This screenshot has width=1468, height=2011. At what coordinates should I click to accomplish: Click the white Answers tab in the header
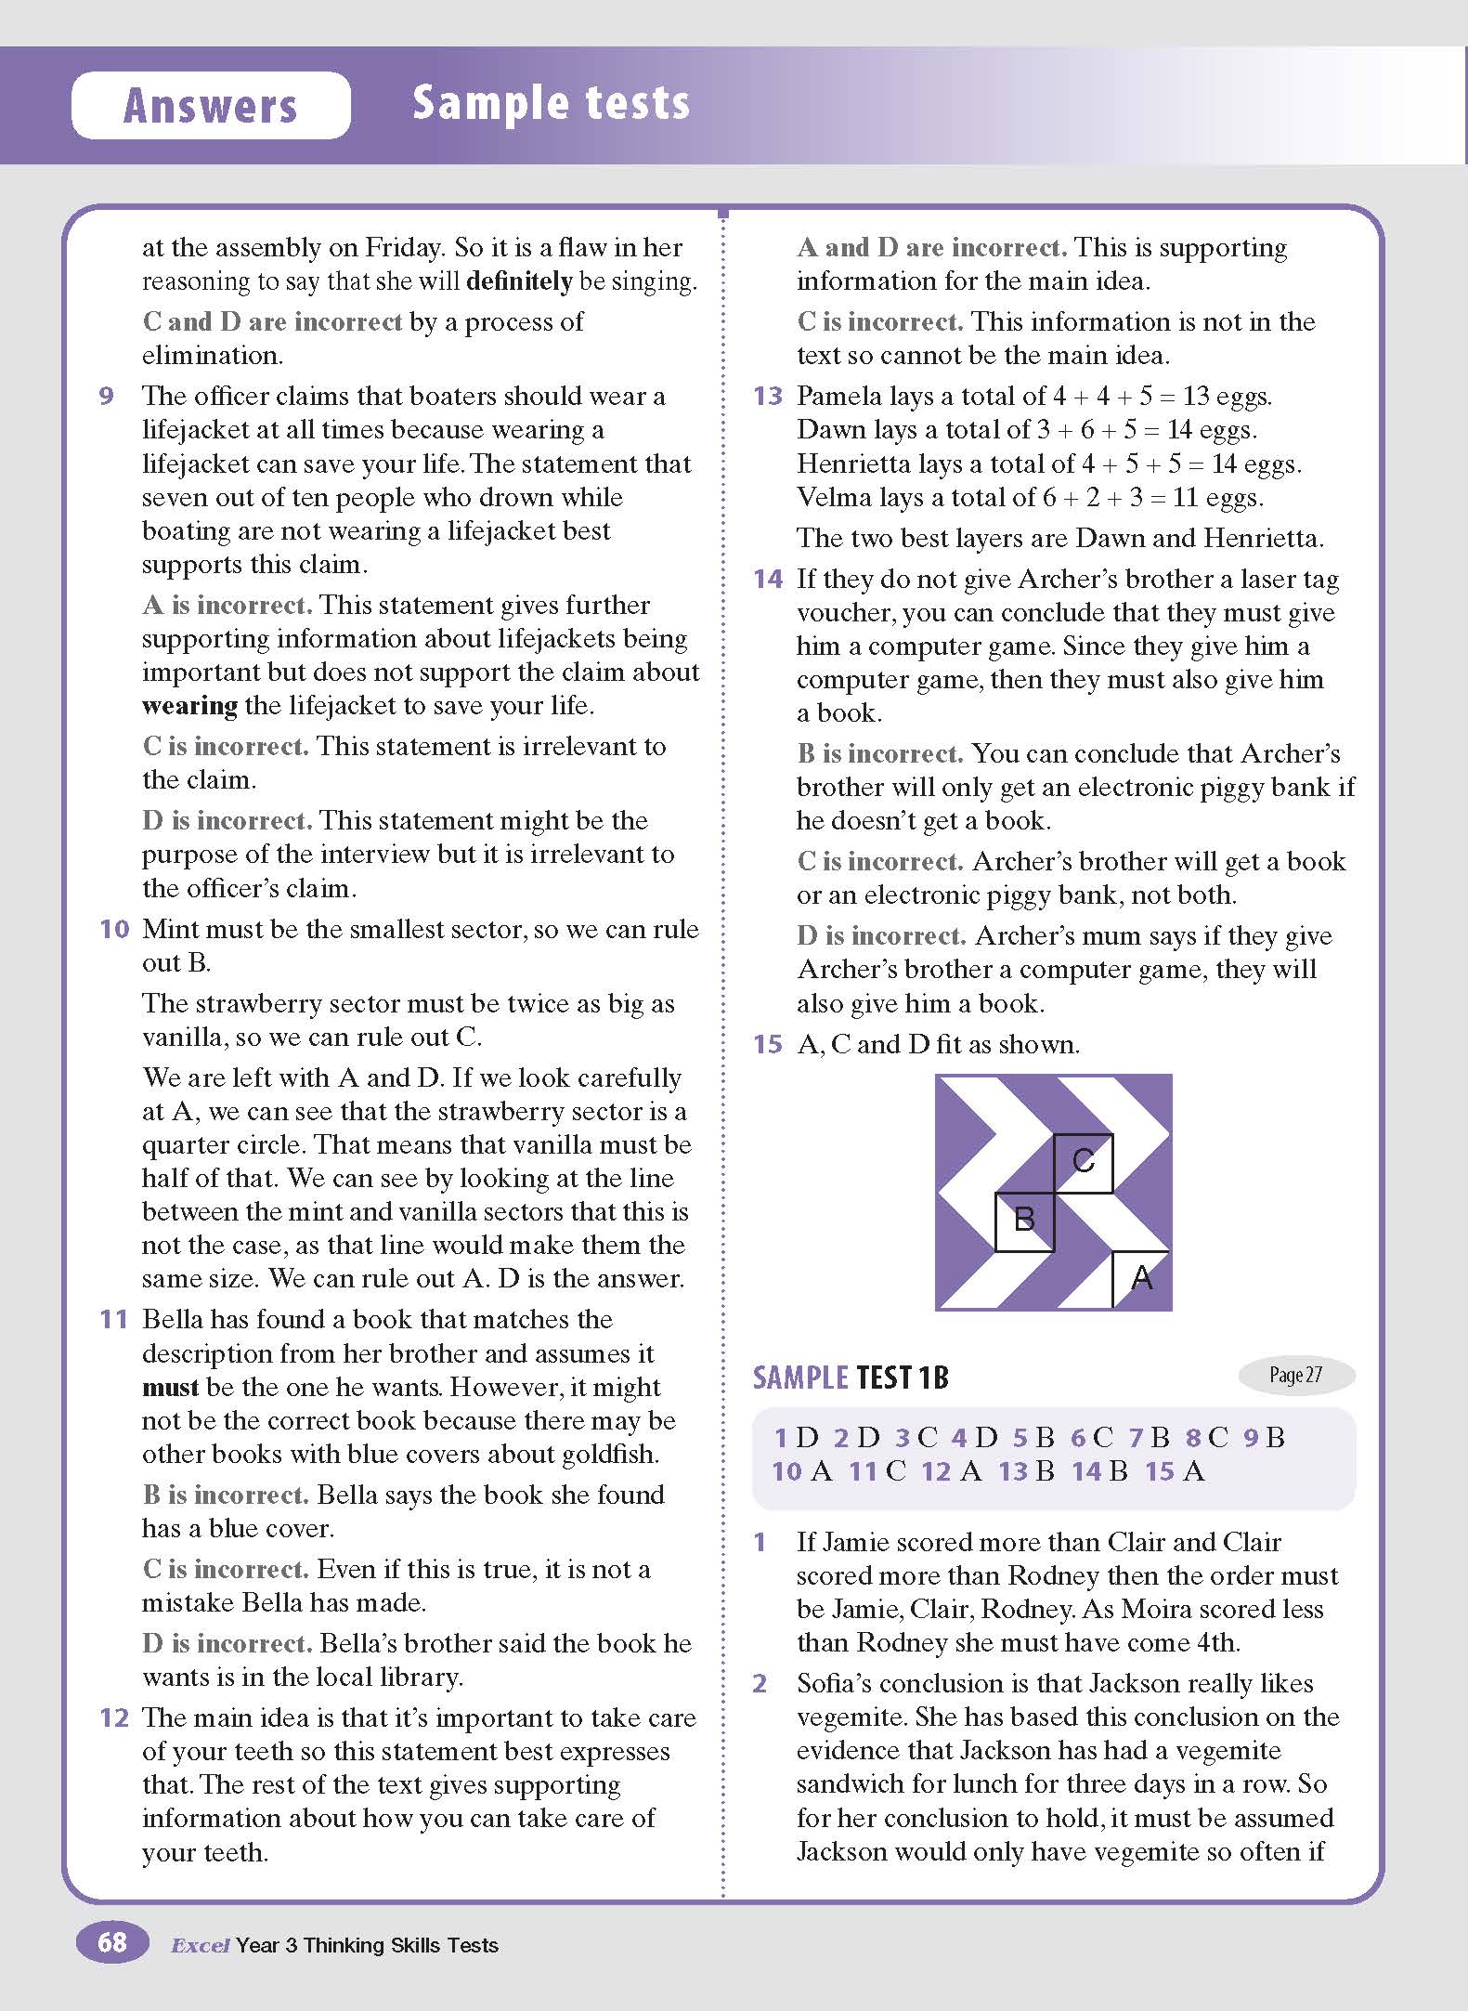pos(211,105)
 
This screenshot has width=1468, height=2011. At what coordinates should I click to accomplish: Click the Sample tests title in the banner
pos(551,102)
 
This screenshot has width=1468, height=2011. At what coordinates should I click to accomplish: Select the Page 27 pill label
pos(1296,1375)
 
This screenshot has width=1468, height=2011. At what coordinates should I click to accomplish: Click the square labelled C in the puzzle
pos(1083,1162)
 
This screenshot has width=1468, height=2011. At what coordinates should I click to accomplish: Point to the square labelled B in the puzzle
pos(1024,1221)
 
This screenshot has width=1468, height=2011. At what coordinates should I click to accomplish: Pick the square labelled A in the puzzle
pos(1142,1279)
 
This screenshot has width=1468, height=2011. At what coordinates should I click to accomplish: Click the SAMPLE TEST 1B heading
pos(851,1377)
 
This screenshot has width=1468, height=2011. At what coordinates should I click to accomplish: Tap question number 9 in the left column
pos(106,397)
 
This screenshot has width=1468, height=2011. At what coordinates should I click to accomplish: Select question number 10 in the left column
pos(113,929)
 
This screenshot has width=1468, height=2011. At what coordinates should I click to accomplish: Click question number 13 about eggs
pos(768,397)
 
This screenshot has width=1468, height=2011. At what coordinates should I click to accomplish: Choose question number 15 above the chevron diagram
pos(768,1044)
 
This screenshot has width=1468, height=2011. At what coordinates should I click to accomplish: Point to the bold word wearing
pos(189,706)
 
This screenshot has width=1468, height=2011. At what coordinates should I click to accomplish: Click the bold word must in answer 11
pos(170,1388)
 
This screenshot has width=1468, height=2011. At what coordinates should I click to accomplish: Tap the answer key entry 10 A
pos(801,1471)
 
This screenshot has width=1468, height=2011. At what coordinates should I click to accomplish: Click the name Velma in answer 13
pos(833,498)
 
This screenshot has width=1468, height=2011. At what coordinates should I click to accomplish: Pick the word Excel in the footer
pos(200,1945)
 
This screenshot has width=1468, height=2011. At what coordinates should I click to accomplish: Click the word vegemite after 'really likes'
pos(848,1717)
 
